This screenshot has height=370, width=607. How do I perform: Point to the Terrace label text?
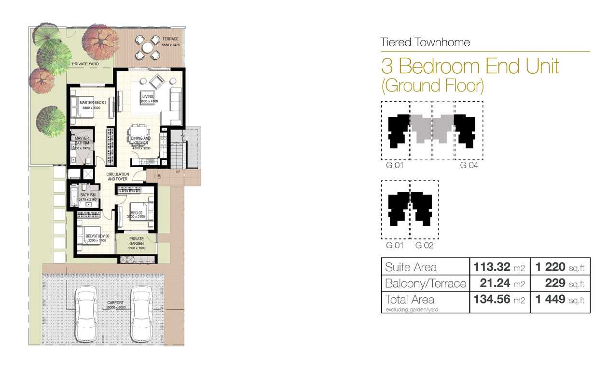pyautogui.click(x=170, y=39)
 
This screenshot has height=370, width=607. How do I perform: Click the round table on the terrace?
pyautogui.click(x=147, y=47)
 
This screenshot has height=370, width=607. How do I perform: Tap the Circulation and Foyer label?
pyautogui.click(x=118, y=176)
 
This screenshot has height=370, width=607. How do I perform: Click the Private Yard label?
pyautogui.click(x=84, y=63)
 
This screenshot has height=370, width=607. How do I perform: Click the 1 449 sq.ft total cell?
pyautogui.click(x=560, y=300)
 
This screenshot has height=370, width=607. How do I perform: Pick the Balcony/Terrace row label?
pyautogui.click(x=425, y=283)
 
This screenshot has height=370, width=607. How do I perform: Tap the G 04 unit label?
pyautogui.click(x=469, y=166)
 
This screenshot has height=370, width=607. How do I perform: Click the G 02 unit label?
pyautogui.click(x=425, y=246)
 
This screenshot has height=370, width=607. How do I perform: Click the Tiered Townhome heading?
pyautogui.click(x=425, y=42)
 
